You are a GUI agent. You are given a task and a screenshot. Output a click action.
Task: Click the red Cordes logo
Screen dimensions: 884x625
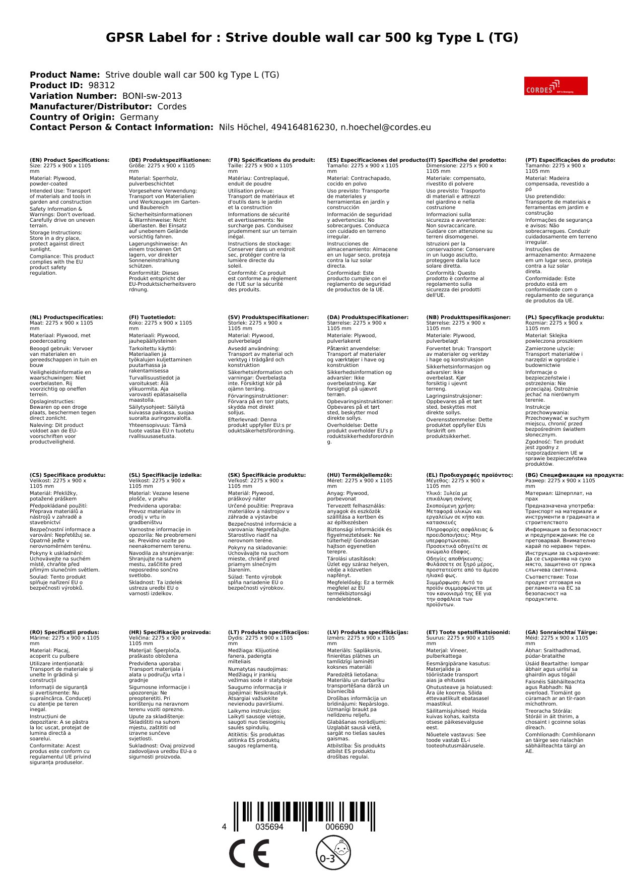(x=555, y=86)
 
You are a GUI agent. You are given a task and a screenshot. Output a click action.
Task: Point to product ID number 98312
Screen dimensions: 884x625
(x=101, y=86)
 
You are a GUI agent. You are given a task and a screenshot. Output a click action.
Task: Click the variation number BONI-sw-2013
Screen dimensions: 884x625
(x=152, y=96)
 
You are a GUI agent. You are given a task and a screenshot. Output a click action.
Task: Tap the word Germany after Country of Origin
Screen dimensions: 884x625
(x=139, y=117)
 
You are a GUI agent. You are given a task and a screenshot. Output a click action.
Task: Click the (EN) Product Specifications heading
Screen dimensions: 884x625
(x=70, y=160)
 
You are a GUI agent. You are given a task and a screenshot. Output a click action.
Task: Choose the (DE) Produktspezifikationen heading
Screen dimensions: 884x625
(x=170, y=160)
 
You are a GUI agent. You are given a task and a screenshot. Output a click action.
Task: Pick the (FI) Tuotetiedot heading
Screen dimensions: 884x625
(x=152, y=318)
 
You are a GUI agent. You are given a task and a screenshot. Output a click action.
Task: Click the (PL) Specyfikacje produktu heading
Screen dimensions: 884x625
(x=565, y=318)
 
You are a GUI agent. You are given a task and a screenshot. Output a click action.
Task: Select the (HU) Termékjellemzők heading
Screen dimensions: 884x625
(x=359, y=475)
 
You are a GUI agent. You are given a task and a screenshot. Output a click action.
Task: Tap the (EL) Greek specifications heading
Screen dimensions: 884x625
(x=469, y=475)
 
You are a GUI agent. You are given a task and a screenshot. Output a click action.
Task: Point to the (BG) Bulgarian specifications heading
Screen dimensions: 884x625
(x=574, y=475)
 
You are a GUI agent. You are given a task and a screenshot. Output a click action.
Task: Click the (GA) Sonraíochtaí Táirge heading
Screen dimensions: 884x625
(x=561, y=632)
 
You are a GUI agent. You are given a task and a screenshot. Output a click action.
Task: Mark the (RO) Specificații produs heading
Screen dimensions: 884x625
(x=64, y=632)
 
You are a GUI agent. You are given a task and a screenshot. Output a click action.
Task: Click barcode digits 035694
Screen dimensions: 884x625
(x=269, y=827)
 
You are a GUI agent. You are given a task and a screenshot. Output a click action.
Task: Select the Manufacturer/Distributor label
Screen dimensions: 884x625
(x=91, y=107)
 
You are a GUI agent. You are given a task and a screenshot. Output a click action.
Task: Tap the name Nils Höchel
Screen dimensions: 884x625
(x=242, y=128)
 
